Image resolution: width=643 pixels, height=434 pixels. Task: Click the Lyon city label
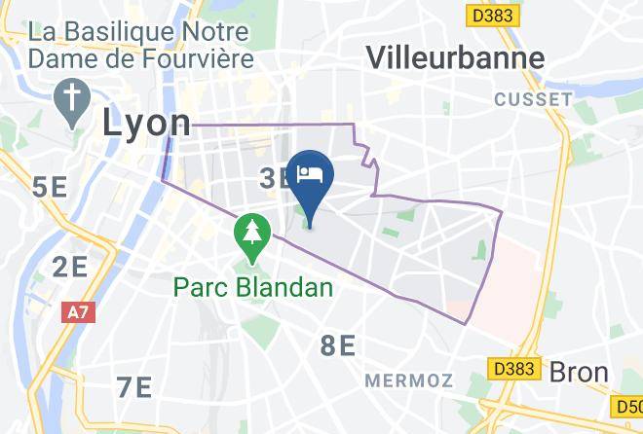(x=147, y=123)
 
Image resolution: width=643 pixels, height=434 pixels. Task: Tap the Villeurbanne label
(x=455, y=57)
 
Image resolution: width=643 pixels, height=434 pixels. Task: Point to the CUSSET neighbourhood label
(x=533, y=99)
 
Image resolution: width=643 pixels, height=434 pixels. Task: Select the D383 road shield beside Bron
(x=512, y=369)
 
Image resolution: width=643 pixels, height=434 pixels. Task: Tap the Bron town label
(x=579, y=372)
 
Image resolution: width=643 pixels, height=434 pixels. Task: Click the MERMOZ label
(x=409, y=380)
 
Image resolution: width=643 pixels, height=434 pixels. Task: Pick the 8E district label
(x=337, y=344)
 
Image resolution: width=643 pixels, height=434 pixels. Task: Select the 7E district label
(x=133, y=386)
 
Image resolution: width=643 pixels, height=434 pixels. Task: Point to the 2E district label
(x=71, y=266)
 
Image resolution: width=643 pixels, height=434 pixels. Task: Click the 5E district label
(x=50, y=186)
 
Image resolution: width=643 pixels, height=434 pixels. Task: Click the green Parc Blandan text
(x=253, y=288)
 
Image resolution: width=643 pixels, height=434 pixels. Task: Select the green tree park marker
(x=252, y=235)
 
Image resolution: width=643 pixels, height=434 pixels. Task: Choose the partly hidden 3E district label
(x=273, y=178)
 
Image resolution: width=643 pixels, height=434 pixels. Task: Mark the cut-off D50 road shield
(x=628, y=403)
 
